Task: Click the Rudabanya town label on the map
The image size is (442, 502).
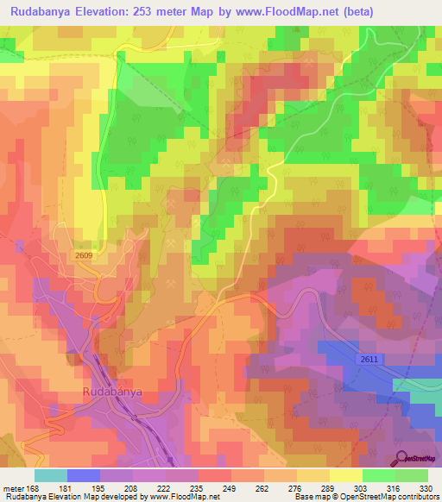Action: coord(112,392)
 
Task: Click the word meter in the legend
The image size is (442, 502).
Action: coord(14,487)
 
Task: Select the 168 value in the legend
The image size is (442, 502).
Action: coord(35,487)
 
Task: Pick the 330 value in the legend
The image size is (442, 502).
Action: coord(426,487)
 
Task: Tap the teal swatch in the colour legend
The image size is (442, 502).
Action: coord(51,475)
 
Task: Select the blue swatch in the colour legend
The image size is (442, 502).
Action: coord(84,475)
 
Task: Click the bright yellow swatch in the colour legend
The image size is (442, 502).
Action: coord(345,475)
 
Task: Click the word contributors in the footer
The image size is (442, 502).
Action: coord(420,497)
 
